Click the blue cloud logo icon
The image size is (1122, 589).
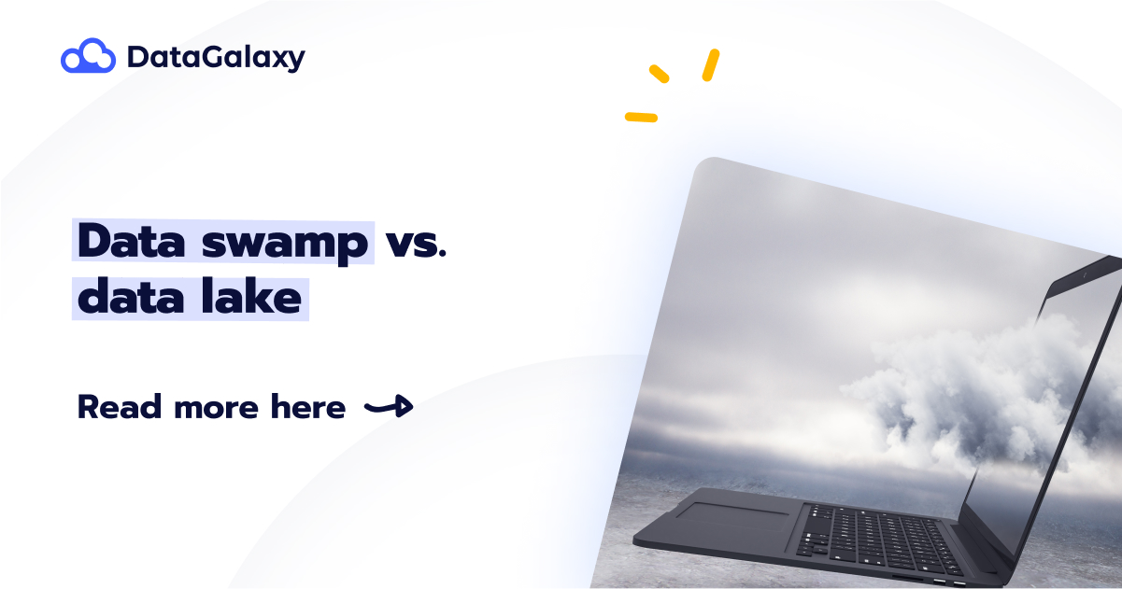pyautogui.click(x=88, y=57)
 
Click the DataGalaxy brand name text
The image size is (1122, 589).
pyautogui.click(x=216, y=58)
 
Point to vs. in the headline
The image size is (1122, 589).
pyautogui.click(x=417, y=243)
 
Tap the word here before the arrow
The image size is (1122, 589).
pyautogui.click(x=307, y=408)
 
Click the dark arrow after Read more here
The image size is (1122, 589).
pyautogui.click(x=389, y=406)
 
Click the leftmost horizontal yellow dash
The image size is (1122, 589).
pyautogui.click(x=641, y=118)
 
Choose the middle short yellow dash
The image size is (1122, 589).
pyautogui.click(x=660, y=74)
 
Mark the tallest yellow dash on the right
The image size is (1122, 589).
pyautogui.click(x=711, y=64)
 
